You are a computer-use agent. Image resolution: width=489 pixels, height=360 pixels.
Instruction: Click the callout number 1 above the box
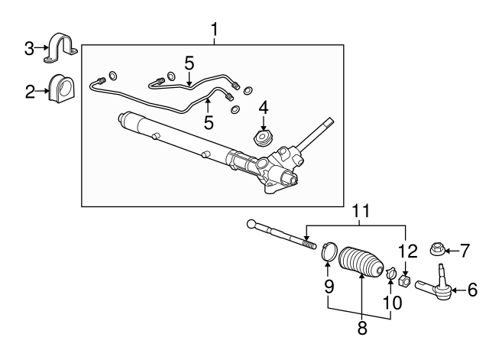[x=215, y=30]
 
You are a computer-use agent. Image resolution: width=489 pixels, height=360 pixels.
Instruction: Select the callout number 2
[x=30, y=92]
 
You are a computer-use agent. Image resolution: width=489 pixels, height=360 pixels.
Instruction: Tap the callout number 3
[x=29, y=48]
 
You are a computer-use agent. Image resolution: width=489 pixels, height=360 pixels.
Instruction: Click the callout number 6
[x=472, y=290]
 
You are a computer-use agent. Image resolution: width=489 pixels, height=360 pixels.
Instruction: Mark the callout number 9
[x=329, y=287]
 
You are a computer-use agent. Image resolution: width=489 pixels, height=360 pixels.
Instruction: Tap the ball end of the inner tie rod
[x=251, y=224]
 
